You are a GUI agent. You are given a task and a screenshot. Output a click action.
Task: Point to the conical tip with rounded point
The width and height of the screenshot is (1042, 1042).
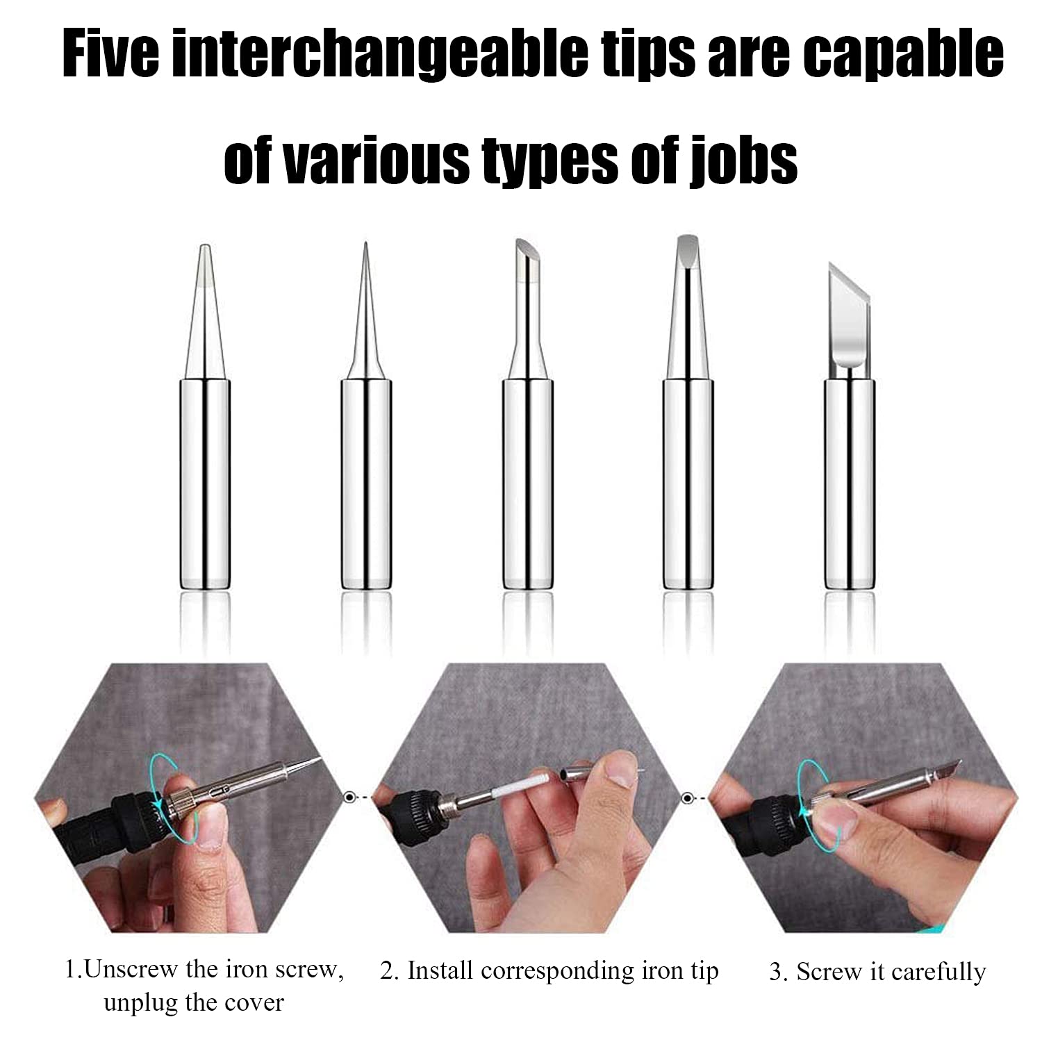pos(204,417)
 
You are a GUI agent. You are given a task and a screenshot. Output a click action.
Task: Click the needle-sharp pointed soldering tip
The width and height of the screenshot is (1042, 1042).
pos(366,417)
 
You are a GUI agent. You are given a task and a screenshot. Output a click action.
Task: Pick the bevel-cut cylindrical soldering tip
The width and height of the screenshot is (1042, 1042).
pos(528,417)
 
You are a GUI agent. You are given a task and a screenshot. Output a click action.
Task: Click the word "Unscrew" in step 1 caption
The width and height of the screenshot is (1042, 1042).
pos(129,969)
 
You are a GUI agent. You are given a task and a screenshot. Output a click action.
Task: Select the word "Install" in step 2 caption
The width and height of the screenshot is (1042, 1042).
pos(438,970)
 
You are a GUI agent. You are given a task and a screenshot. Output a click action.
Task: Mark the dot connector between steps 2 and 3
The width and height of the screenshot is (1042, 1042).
pos(687,797)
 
